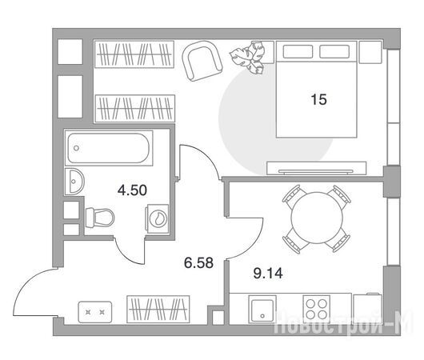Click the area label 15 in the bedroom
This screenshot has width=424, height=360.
click(x=319, y=99)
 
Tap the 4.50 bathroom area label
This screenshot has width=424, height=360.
click(x=132, y=190)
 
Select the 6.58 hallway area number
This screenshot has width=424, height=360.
click(x=198, y=262)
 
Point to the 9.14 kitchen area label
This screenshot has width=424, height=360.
click(x=268, y=273)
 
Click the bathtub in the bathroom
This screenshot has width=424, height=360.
click(x=109, y=148)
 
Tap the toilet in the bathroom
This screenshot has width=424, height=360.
click(x=99, y=218)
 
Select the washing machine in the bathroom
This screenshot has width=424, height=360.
click(x=157, y=218)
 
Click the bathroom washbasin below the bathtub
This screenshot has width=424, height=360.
click(x=74, y=182)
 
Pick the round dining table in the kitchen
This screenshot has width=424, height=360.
click(x=317, y=218)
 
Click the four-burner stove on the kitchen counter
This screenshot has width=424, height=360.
click(x=316, y=308)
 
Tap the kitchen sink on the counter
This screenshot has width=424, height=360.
click(x=262, y=309)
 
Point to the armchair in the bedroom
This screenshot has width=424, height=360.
click(x=202, y=61)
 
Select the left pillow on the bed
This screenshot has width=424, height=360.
click(x=298, y=51)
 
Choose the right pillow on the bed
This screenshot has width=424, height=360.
click(x=334, y=51)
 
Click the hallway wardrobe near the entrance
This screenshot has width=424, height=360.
click(x=158, y=309)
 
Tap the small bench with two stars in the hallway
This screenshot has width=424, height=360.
click(x=95, y=312)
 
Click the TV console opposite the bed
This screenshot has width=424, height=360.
click(x=316, y=168)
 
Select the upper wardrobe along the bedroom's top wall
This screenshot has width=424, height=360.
click(x=134, y=54)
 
